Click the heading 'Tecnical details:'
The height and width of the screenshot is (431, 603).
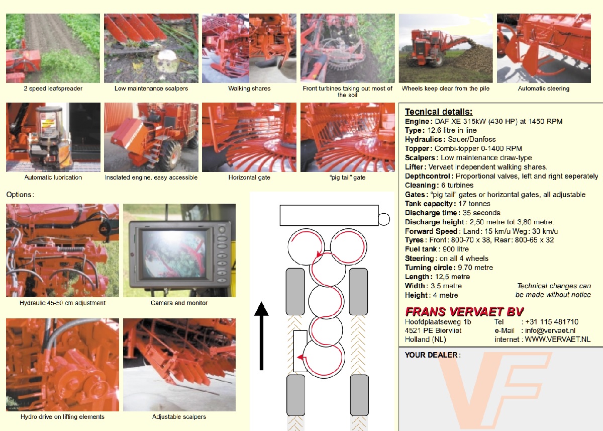439,112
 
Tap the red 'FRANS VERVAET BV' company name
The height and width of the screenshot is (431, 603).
464,312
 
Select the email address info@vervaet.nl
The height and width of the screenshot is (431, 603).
550,330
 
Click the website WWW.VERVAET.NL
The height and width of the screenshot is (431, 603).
557,339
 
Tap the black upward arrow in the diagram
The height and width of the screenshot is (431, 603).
261,336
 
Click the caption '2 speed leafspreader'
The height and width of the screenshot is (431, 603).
53,89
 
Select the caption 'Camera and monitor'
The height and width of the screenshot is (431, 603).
179,303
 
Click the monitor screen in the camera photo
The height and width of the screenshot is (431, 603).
174,253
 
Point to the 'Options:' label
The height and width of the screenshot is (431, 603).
20,195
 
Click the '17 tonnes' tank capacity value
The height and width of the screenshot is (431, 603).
474,204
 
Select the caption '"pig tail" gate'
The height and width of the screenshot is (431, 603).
348,178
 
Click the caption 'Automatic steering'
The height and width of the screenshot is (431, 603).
544,89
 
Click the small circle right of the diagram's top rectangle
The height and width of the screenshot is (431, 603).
384,219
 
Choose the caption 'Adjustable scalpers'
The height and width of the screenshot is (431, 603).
179,417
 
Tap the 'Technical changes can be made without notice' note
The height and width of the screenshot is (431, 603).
553,290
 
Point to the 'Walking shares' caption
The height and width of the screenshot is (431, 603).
249,89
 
